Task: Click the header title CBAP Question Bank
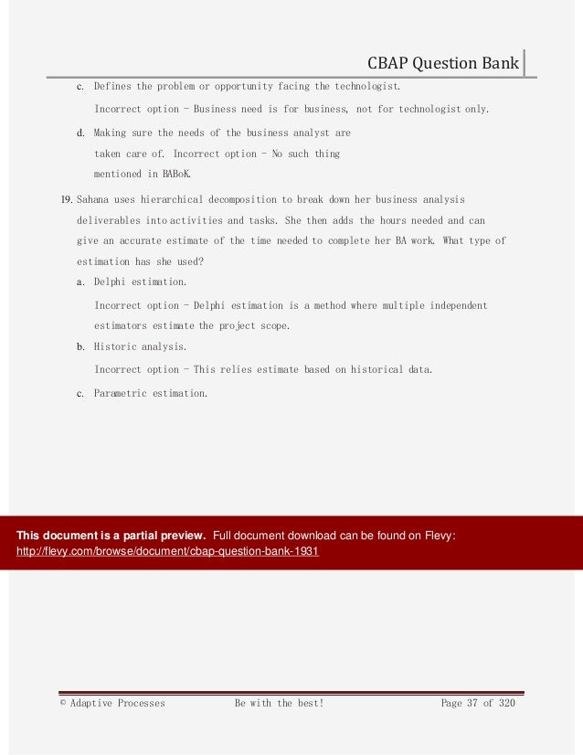(x=443, y=64)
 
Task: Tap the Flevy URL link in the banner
(x=168, y=553)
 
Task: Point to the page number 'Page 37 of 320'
(x=478, y=703)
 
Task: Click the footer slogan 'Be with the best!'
(x=280, y=703)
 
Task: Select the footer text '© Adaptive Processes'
(x=112, y=703)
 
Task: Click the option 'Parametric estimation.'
(x=151, y=393)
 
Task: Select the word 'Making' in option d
(x=111, y=133)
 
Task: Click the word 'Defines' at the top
(x=112, y=87)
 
